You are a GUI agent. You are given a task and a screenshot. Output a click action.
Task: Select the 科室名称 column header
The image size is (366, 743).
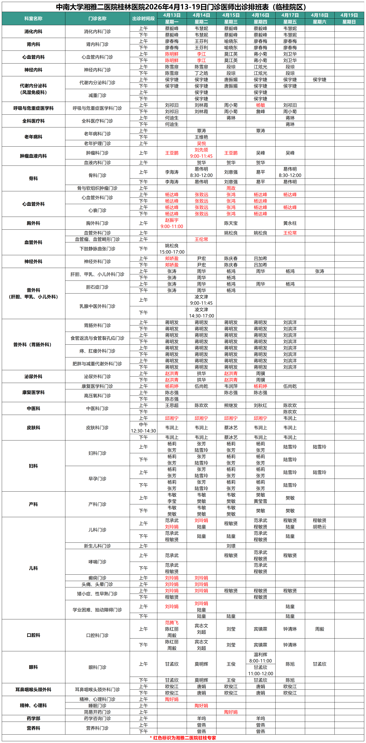coord(33,18)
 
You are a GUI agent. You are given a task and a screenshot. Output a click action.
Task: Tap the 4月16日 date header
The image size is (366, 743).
coord(260,15)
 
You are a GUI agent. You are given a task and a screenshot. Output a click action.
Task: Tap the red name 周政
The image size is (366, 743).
coord(231,188)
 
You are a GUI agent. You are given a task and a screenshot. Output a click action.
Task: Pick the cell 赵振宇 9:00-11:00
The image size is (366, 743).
coord(172,223)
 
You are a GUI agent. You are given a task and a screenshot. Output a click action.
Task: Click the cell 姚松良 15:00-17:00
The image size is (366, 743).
coord(172,249)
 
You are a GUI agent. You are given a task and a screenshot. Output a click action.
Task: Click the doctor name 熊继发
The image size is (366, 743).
coord(231,405)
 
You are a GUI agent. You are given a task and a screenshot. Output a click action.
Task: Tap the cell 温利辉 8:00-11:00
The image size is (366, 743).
coord(260,658)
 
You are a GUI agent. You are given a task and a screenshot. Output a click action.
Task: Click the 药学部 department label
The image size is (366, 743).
coord(33,718)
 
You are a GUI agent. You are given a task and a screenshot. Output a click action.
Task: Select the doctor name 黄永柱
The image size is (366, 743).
coord(290,223)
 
